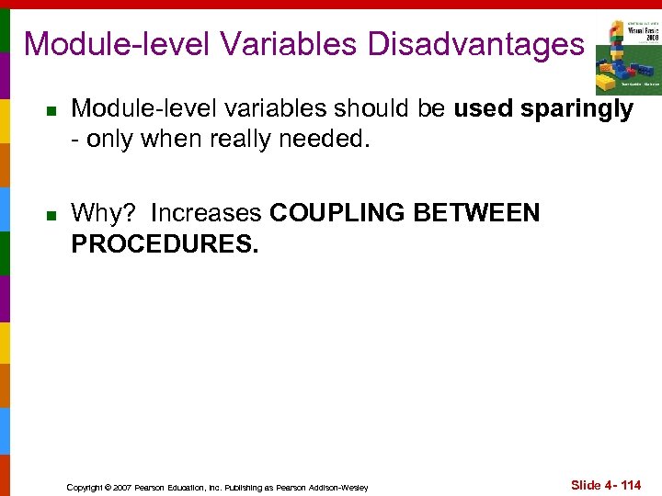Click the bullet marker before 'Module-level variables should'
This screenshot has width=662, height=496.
[52, 111]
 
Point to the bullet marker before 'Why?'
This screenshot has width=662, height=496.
[52, 215]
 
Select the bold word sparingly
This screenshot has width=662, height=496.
[576, 109]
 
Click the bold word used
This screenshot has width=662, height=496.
[484, 109]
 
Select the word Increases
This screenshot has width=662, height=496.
[206, 213]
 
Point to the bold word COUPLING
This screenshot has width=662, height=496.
[338, 213]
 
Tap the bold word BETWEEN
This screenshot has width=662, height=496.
[477, 213]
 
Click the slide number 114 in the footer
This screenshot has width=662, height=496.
[629, 485]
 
